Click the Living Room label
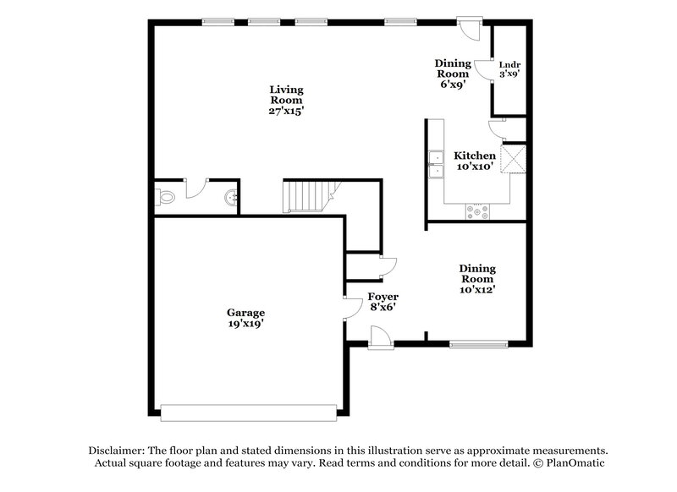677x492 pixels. [x=286, y=100]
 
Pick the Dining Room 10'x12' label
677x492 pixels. [x=477, y=278]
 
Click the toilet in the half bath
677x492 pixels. [x=166, y=198]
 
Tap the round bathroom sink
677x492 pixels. [x=230, y=199]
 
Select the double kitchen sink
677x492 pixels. [x=437, y=165]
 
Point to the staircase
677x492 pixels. [x=304, y=197]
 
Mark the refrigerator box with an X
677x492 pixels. [x=514, y=159]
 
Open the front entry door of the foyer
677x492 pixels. [x=381, y=338]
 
